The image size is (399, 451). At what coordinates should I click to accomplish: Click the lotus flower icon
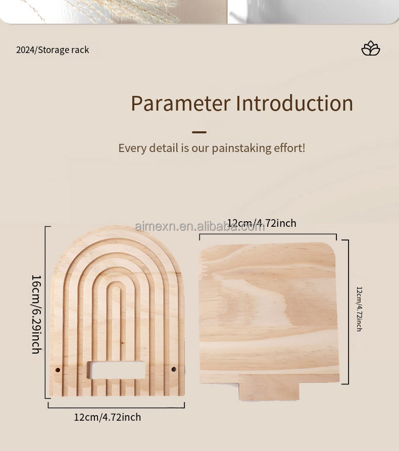(x=371, y=48)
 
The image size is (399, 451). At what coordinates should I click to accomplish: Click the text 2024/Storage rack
(x=53, y=50)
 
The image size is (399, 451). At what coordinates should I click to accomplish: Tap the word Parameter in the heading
(x=180, y=104)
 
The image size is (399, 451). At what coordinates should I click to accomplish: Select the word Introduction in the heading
(x=294, y=104)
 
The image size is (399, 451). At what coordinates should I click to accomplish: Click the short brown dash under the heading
(x=199, y=132)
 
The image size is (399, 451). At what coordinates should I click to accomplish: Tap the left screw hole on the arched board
(x=58, y=370)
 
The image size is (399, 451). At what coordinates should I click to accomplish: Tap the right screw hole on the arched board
(x=174, y=370)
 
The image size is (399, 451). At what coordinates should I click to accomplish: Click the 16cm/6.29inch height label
(x=36, y=314)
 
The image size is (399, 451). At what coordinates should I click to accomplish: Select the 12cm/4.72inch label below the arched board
(x=108, y=417)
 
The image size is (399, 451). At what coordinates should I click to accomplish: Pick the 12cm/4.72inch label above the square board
(x=262, y=223)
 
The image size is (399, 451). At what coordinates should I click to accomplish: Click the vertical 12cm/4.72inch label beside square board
(x=359, y=309)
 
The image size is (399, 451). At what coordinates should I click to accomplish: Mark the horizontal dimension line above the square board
(x=268, y=234)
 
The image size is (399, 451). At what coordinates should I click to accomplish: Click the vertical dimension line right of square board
(x=348, y=312)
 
